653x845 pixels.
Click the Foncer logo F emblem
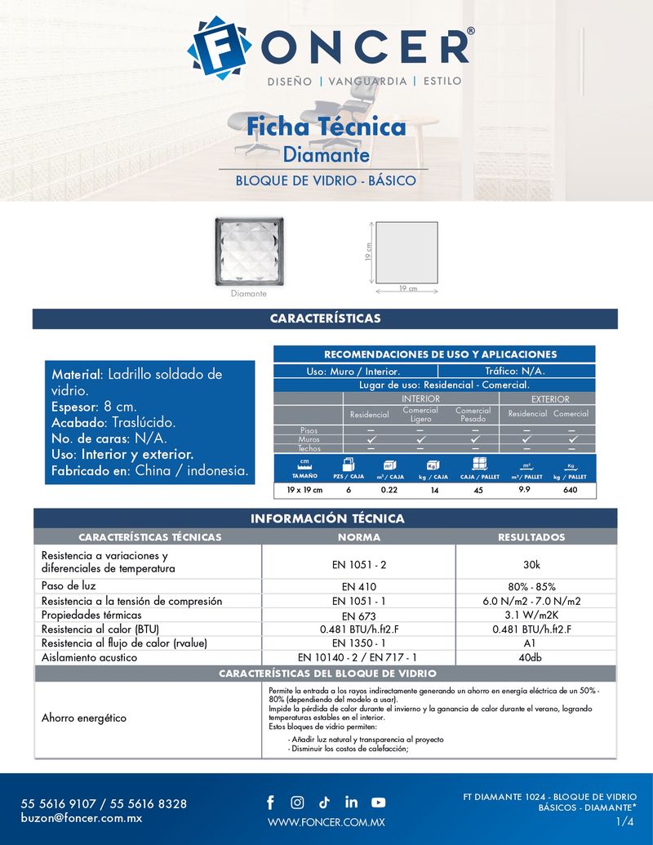coord(218,47)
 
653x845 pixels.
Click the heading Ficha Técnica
coord(326,127)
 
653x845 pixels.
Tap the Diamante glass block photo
coord(249,252)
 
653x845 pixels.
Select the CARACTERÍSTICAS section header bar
coord(325,318)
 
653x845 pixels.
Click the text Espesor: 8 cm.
coord(94,407)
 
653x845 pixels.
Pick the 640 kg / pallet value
coord(570,490)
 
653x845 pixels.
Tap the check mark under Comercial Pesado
coord(473,439)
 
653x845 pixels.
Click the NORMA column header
coord(359,537)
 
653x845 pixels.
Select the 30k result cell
coord(537,563)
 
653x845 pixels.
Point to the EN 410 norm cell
coord(359,587)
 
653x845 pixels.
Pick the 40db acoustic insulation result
coord(535,657)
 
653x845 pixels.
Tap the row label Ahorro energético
coord(84,718)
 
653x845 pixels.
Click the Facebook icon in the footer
coord(270,803)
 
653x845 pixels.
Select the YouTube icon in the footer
coord(379,803)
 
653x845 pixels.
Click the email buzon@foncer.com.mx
coord(82,818)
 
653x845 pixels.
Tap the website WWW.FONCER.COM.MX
coord(326,822)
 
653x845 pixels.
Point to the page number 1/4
coord(625,821)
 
